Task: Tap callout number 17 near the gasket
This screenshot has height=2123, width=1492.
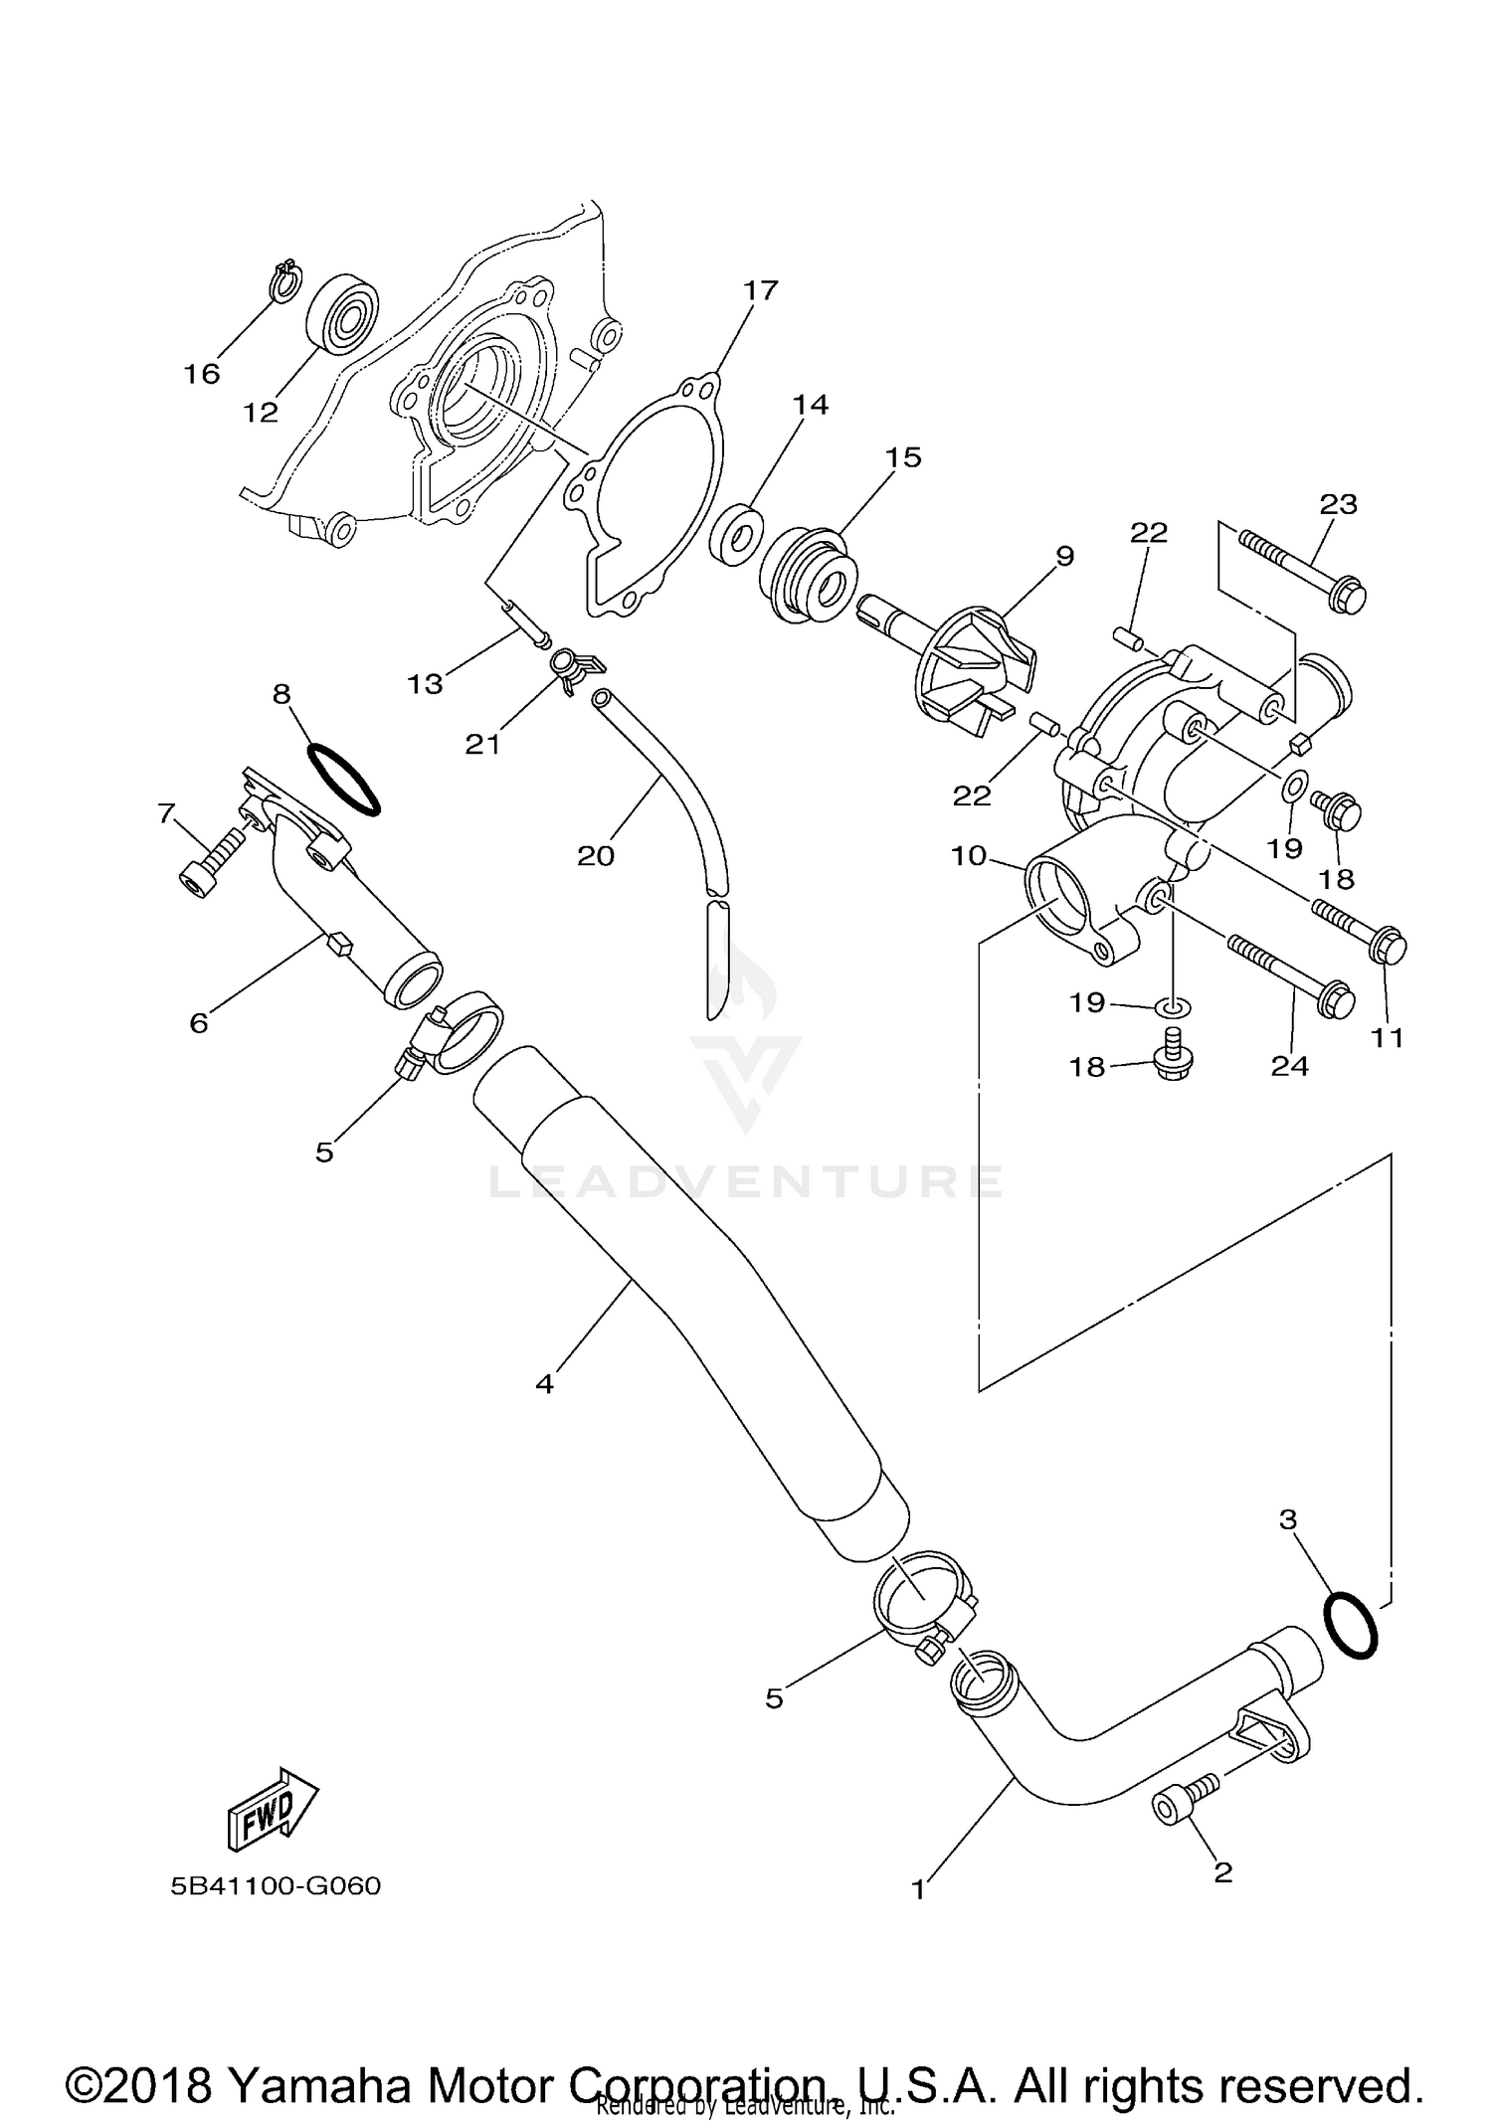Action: pyautogui.click(x=761, y=291)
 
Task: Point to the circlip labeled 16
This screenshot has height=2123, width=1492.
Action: pyautogui.click(x=285, y=281)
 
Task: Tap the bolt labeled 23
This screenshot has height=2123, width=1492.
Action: pyautogui.click(x=1303, y=570)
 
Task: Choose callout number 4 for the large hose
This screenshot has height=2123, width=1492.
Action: pyautogui.click(x=544, y=1383)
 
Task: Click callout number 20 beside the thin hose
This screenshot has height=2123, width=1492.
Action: pyautogui.click(x=596, y=855)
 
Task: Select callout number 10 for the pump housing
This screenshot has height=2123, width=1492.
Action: pyautogui.click(x=968, y=855)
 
